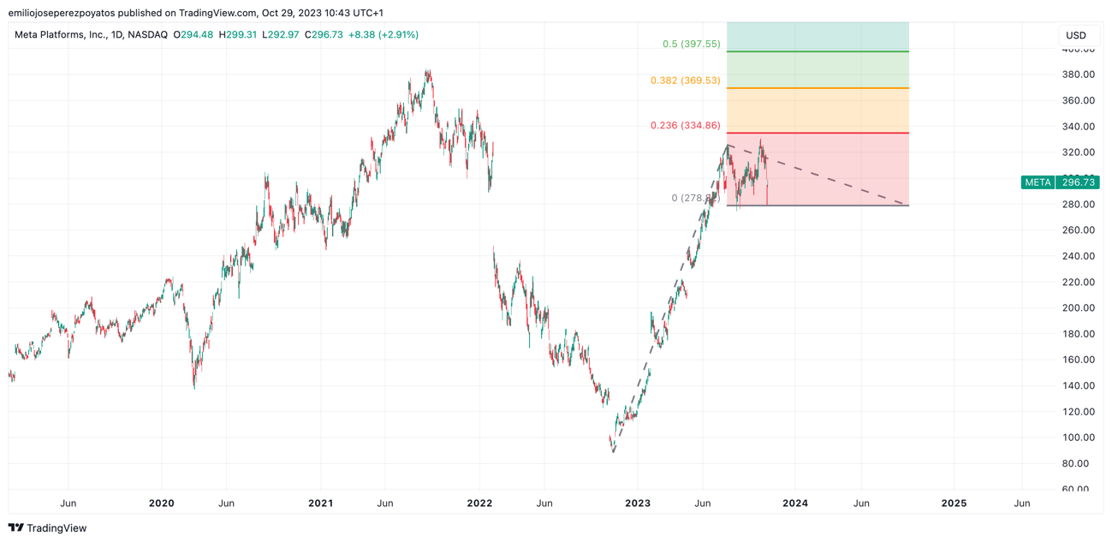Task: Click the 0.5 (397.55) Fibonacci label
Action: [x=691, y=44]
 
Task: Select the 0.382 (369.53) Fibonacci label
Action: [x=685, y=80]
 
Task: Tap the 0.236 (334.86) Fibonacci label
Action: [x=685, y=126]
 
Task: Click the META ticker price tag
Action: [x=1038, y=182]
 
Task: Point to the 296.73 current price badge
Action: [x=1078, y=182]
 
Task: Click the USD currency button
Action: [x=1075, y=35]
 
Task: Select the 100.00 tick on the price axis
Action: [x=1078, y=438]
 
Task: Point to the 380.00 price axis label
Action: [x=1078, y=74]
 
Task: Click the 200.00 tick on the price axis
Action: [x=1078, y=308]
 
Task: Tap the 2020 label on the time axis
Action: [x=161, y=503]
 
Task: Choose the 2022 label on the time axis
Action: [x=479, y=503]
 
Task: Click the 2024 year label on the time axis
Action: [x=795, y=503]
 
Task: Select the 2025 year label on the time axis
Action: [x=954, y=503]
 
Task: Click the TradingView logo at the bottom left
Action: [x=48, y=528]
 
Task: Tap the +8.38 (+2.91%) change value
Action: [x=383, y=35]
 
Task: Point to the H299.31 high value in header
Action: [x=238, y=35]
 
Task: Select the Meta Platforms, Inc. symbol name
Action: [x=59, y=35]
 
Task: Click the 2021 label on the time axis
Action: [x=320, y=503]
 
